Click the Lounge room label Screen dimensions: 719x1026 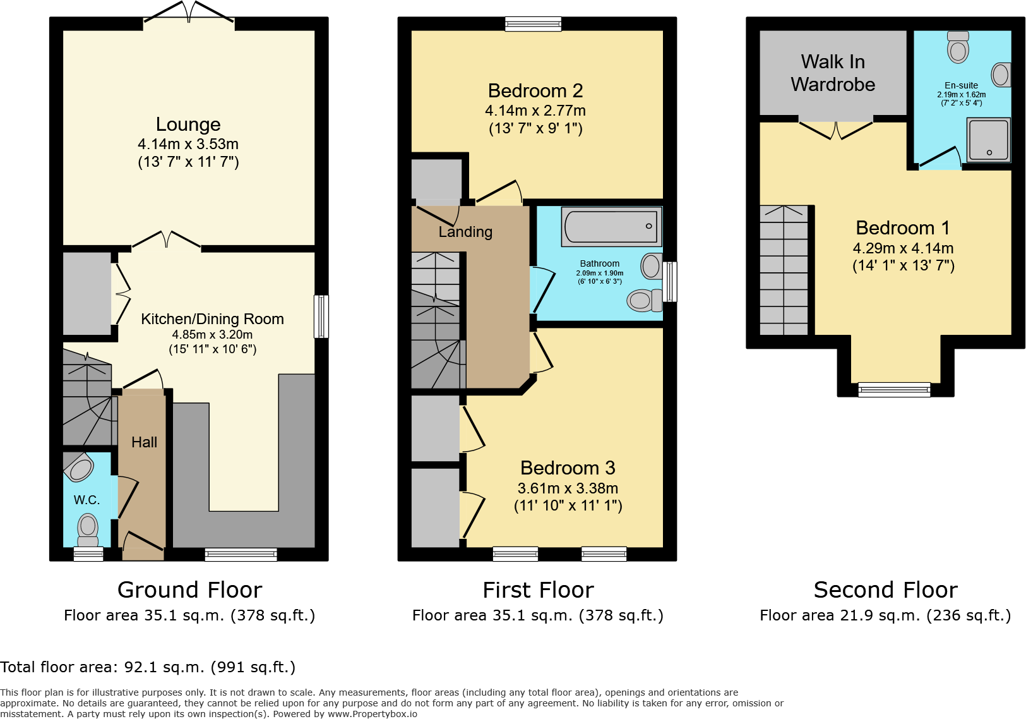188,124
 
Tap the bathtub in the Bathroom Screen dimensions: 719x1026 611,226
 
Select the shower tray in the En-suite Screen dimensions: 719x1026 989,140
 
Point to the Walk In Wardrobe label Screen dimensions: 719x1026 833,73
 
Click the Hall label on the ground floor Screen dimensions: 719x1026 144,442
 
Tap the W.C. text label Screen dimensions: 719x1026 86,500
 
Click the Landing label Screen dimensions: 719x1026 465,232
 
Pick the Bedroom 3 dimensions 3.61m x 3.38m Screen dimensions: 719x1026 568,488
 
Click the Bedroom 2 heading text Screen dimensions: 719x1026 535,91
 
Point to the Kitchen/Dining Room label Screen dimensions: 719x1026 212,319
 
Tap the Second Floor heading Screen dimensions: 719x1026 885,589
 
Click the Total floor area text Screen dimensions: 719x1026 148,667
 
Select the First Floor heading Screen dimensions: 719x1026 538,589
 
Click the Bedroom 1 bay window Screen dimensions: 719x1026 894,390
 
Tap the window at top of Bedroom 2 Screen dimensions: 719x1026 534,24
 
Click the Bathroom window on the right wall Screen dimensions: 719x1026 670,281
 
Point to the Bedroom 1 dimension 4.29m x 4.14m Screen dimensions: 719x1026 903,248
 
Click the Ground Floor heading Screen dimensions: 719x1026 189,589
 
